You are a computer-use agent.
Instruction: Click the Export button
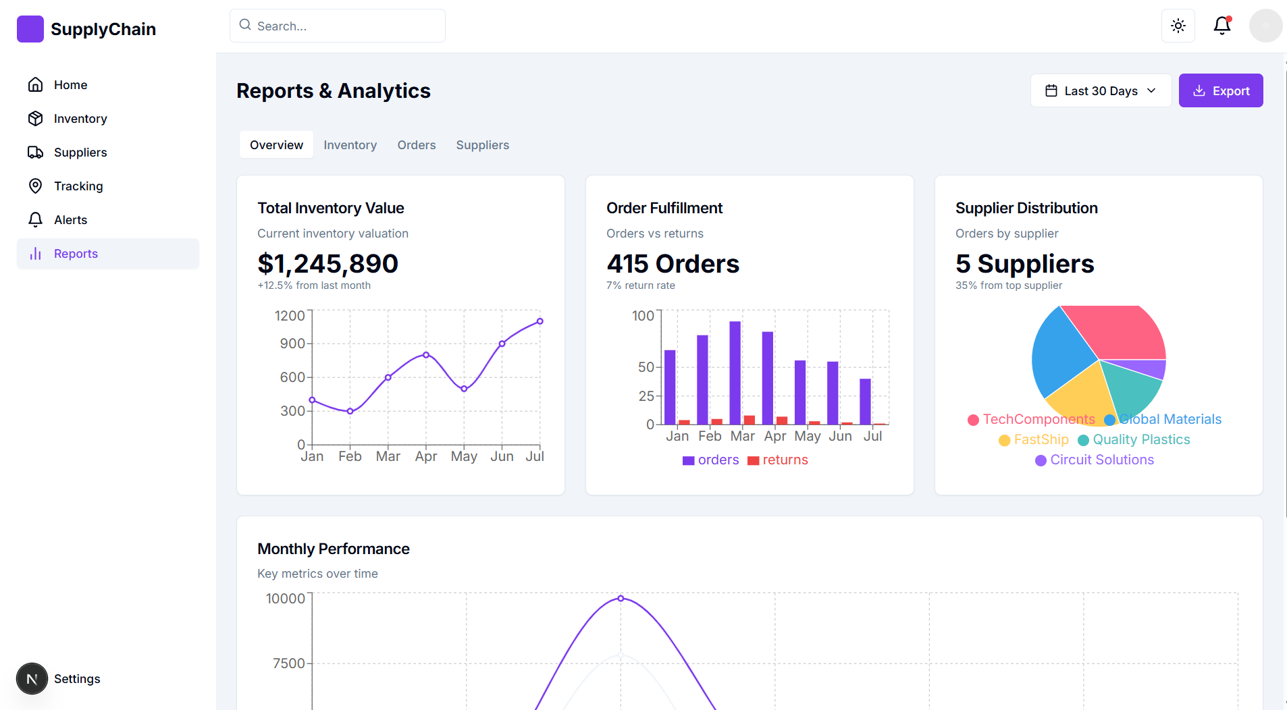(x=1220, y=91)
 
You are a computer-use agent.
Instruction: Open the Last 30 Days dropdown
(x=1100, y=91)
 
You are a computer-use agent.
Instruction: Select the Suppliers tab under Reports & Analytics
(x=482, y=145)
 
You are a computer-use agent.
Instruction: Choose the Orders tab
(x=416, y=145)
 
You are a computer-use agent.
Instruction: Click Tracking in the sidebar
(x=78, y=186)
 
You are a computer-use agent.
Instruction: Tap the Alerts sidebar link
(x=70, y=220)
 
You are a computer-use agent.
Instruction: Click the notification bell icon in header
(x=1222, y=26)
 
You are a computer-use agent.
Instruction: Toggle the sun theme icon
(x=1178, y=26)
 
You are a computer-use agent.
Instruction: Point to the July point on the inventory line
(x=540, y=321)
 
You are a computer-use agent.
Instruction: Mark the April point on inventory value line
(x=426, y=355)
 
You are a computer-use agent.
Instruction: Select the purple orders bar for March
(x=735, y=373)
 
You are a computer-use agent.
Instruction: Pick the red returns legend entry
(x=778, y=460)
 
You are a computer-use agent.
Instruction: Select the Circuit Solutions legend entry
(x=1095, y=460)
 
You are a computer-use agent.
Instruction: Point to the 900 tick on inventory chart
(x=292, y=344)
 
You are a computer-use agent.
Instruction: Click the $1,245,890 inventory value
(x=327, y=264)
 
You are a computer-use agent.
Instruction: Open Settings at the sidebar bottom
(x=76, y=679)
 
